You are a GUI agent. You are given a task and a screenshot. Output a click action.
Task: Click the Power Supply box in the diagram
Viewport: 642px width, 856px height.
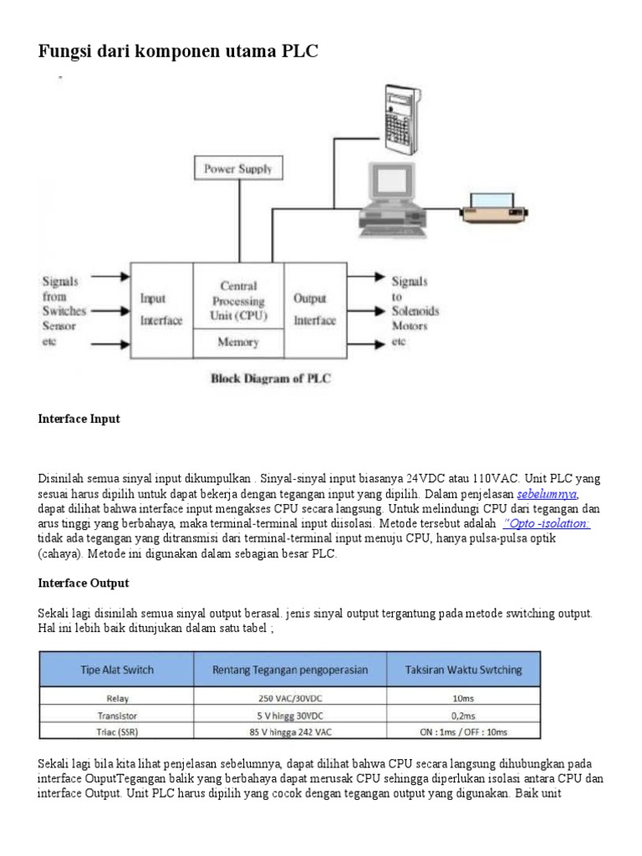pos(238,169)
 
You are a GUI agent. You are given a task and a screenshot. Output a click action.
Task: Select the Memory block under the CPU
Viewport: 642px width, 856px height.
pos(238,342)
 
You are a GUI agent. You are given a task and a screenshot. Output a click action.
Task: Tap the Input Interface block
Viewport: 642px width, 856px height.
pos(161,309)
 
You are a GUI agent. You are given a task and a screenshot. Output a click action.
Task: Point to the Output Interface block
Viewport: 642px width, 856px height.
pos(315,309)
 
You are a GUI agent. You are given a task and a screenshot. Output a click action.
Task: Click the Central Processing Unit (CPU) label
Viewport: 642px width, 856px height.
pos(238,301)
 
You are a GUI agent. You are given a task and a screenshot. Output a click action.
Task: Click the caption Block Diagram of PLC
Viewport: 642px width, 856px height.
pos(270,379)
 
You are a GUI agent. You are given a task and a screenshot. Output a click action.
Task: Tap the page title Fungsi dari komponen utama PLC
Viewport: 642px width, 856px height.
pos(178,52)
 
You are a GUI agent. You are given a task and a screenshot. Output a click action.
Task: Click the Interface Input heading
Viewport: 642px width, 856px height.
pos(79,419)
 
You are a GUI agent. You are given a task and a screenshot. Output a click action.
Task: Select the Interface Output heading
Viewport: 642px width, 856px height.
pos(84,583)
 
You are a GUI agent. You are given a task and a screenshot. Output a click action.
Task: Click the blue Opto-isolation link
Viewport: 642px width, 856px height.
pos(548,523)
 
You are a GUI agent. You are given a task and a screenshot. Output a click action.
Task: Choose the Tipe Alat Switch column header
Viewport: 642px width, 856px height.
pos(115,669)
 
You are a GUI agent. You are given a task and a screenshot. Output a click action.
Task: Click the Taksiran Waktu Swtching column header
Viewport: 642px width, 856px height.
pos(463,669)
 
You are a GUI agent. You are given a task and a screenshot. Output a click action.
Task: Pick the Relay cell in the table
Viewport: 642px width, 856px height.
pos(115,699)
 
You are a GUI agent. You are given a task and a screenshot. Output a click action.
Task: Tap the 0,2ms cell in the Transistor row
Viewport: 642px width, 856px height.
pos(463,716)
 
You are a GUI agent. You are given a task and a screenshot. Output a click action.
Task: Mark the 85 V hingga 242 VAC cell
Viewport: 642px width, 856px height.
pos(289,731)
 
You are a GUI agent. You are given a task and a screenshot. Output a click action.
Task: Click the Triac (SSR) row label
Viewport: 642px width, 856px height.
pos(115,731)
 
